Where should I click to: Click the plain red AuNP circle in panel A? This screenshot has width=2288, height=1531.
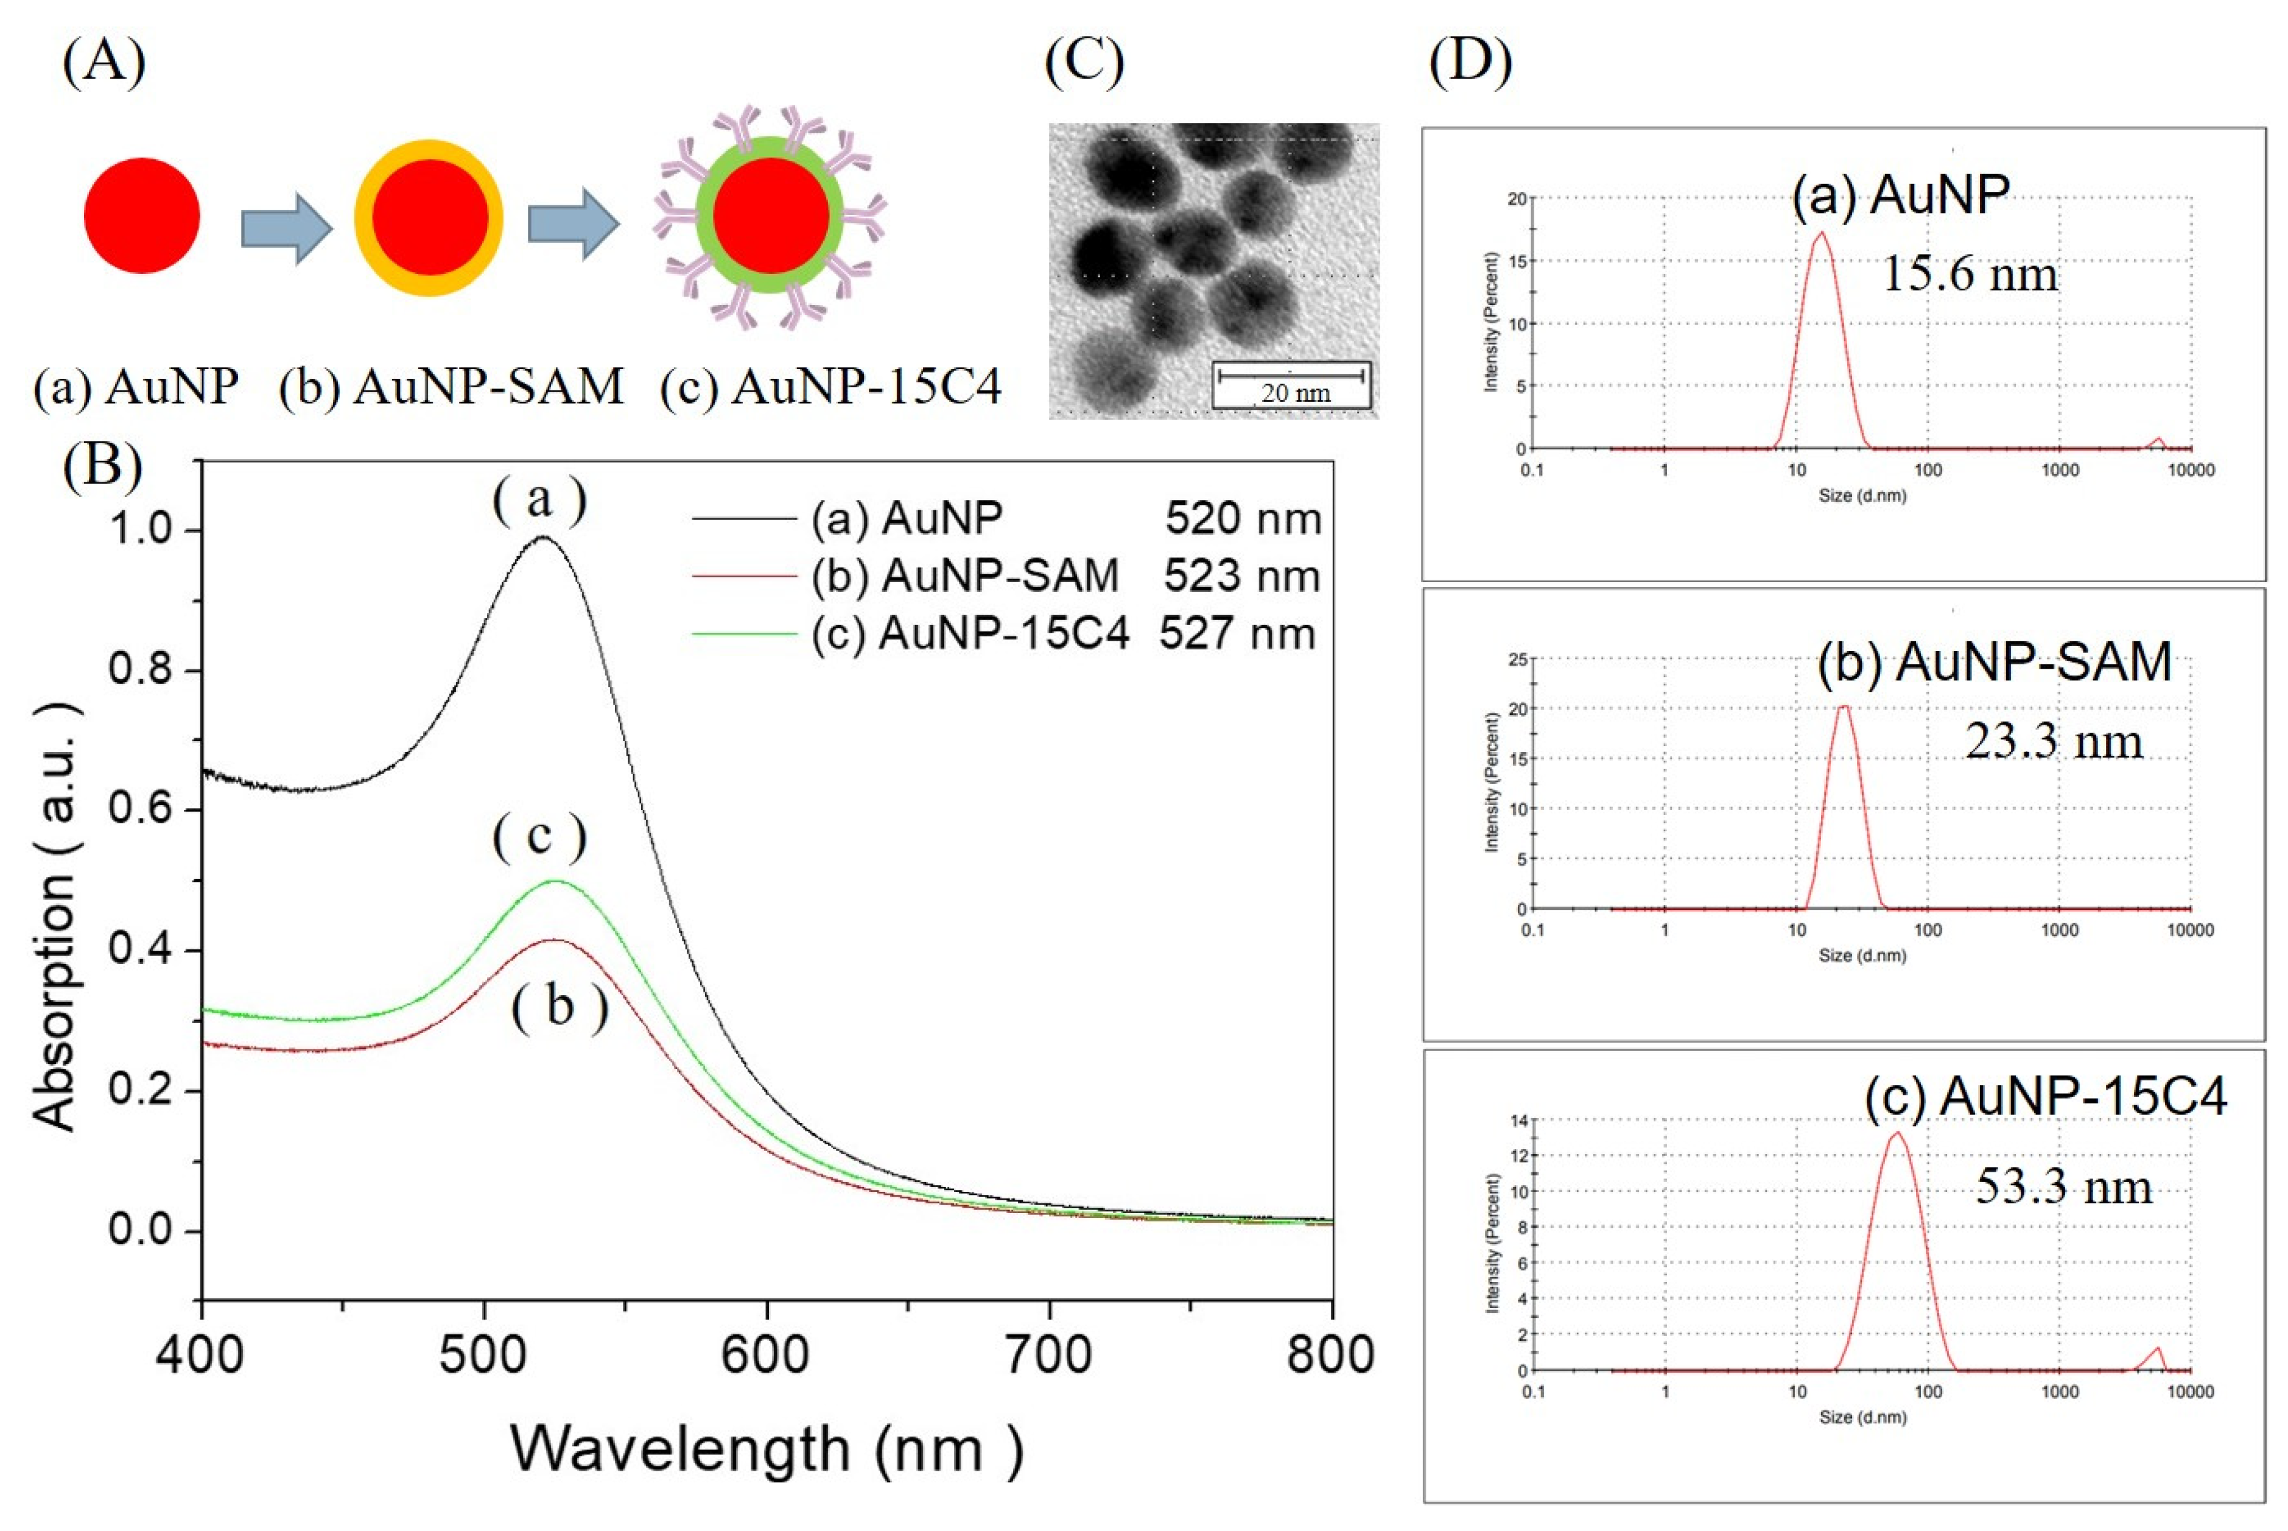click(x=142, y=215)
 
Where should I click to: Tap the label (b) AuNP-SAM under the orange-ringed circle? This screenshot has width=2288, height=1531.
click(x=451, y=387)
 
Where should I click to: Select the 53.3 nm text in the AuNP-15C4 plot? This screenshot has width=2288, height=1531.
click(x=2063, y=1188)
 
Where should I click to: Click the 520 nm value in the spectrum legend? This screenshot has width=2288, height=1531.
click(x=1243, y=518)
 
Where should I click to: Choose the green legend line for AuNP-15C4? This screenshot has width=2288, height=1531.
click(x=744, y=635)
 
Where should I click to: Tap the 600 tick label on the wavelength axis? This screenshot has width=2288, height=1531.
click(x=765, y=1355)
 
